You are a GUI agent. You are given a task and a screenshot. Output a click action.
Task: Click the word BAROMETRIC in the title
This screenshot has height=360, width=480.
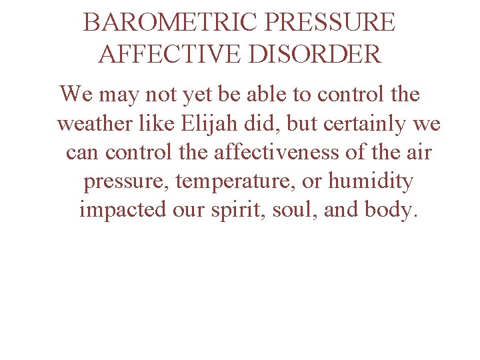pos(170,23)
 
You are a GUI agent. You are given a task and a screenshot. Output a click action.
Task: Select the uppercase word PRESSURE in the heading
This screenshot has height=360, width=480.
pos(330,23)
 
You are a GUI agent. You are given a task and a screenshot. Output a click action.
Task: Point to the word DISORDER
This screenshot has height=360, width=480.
pos(316,53)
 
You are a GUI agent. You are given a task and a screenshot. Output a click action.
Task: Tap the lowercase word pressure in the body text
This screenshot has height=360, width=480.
pos(125,181)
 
